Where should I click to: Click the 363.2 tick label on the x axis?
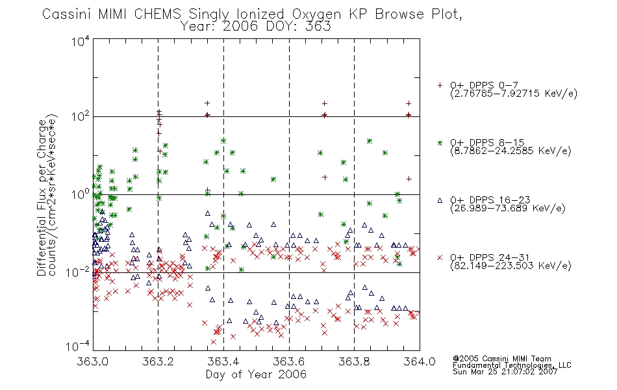point(158,361)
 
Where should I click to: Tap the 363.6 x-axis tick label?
point(289,361)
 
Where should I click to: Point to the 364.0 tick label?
point(420,361)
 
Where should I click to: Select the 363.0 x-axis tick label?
point(92,361)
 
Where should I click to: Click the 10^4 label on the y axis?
point(81,41)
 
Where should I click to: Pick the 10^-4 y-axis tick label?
point(78,346)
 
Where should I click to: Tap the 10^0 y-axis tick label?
point(81,194)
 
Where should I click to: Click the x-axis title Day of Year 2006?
point(256,374)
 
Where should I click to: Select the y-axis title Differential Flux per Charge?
point(42,198)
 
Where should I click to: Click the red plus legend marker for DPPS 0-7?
point(440,85)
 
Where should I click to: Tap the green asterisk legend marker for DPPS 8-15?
point(440,142)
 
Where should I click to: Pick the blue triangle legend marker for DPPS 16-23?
point(440,200)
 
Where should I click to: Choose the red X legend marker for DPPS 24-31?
point(440,257)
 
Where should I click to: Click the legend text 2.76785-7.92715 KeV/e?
point(514,94)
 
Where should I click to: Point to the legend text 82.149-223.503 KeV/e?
point(510,266)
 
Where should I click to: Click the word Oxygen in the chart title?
point(316,14)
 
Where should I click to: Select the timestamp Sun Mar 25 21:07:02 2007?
point(505,372)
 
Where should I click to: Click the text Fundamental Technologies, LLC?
point(512,365)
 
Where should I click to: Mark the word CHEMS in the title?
point(157,14)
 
